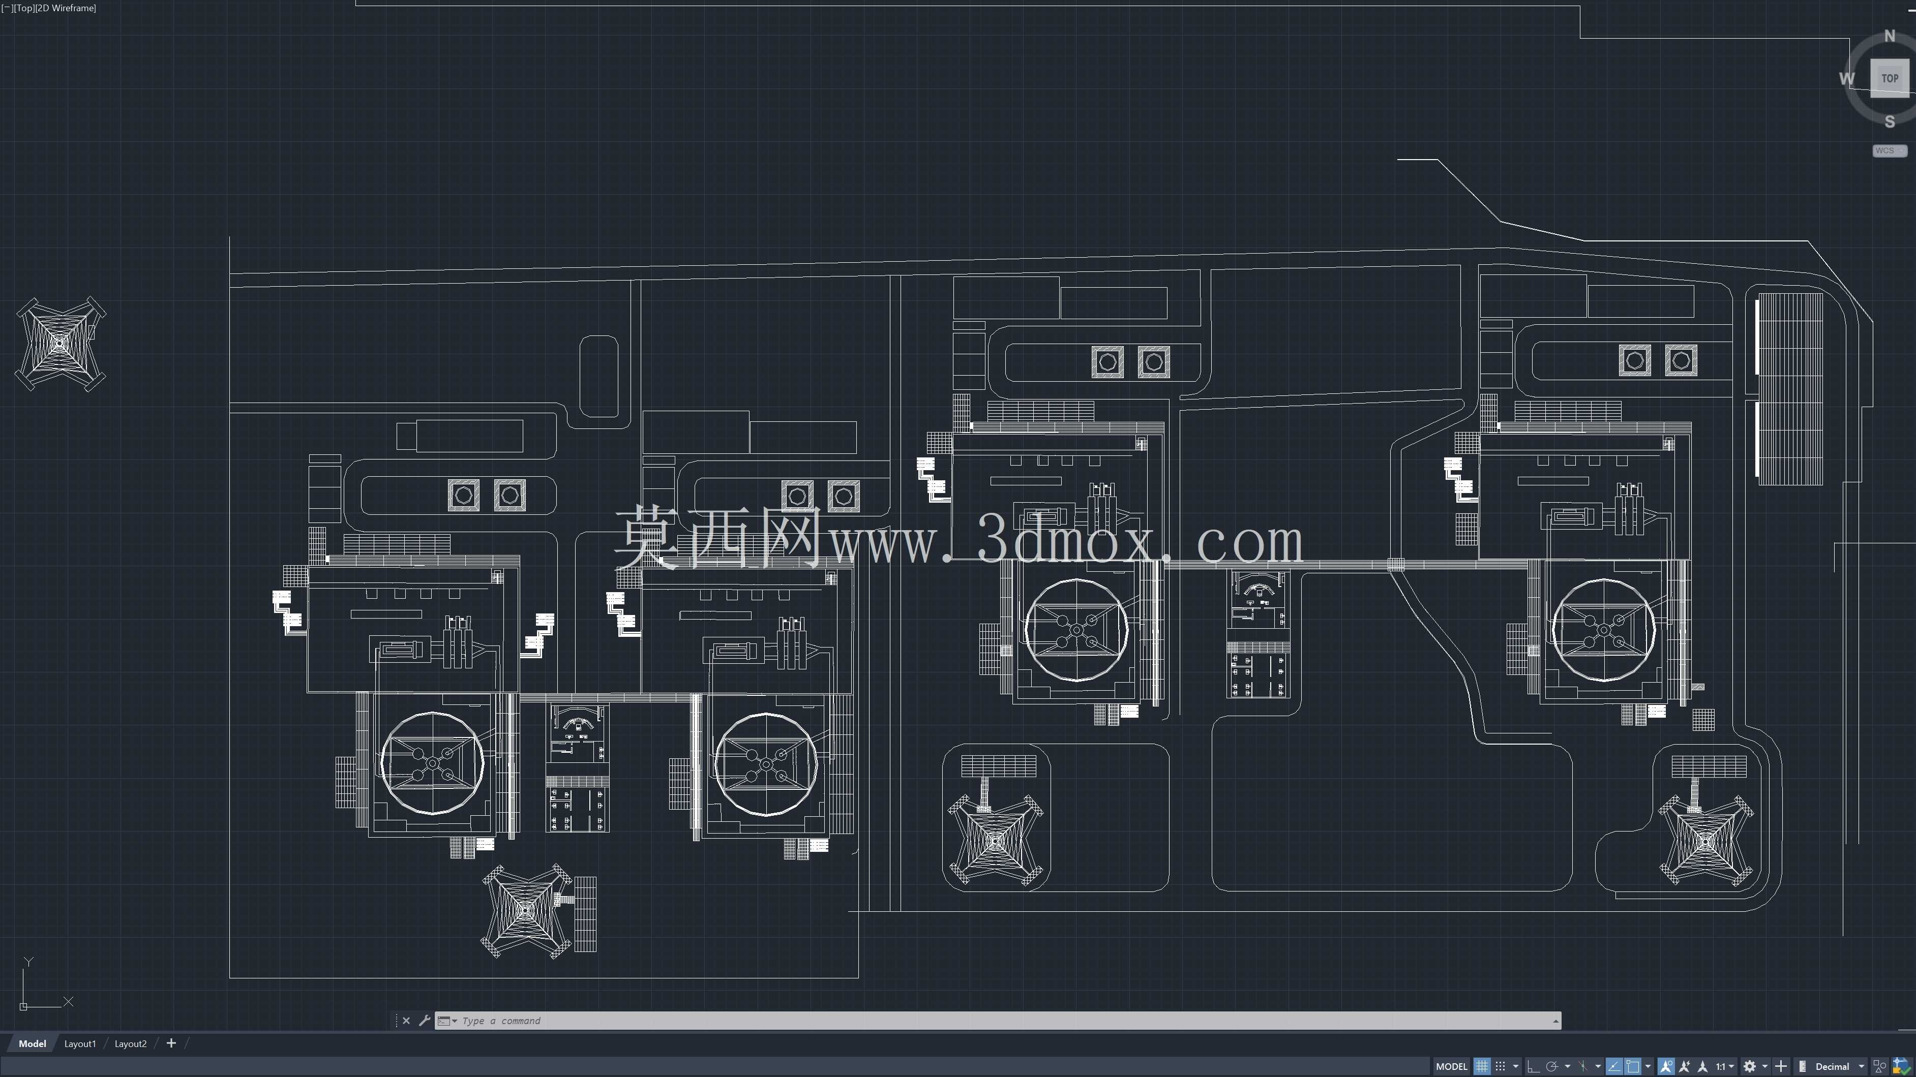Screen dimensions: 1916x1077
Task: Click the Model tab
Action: pyautogui.click(x=32, y=1043)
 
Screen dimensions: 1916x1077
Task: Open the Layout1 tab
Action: pyautogui.click(x=80, y=1043)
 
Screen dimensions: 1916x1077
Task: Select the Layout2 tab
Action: pyautogui.click(x=131, y=1043)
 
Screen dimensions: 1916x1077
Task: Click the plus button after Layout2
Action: pyautogui.click(x=171, y=1043)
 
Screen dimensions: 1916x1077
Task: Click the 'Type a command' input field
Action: pyautogui.click(x=1004, y=1021)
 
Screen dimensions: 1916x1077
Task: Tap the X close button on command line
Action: pyautogui.click(x=406, y=1021)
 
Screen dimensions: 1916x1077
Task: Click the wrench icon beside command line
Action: pyautogui.click(x=425, y=1021)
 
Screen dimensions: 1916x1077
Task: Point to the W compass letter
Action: pyautogui.click(x=1847, y=79)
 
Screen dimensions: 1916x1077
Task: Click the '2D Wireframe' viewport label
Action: pyautogui.click(x=66, y=8)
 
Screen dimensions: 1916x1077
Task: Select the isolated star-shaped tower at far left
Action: pyautogui.click(x=60, y=344)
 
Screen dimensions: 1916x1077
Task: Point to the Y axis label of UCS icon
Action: pyautogui.click(x=28, y=962)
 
